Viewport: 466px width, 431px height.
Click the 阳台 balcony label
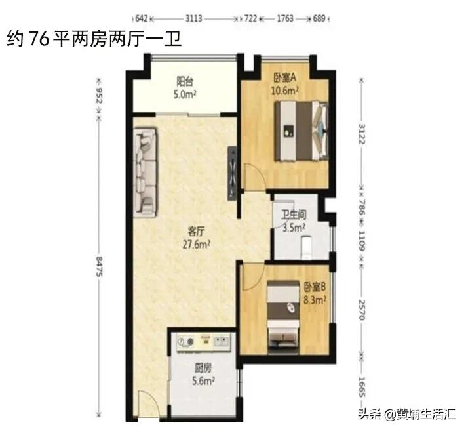185,82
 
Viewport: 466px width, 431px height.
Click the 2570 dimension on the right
359,306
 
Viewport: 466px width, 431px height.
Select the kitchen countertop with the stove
204,341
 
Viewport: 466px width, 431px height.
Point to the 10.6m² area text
286,91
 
